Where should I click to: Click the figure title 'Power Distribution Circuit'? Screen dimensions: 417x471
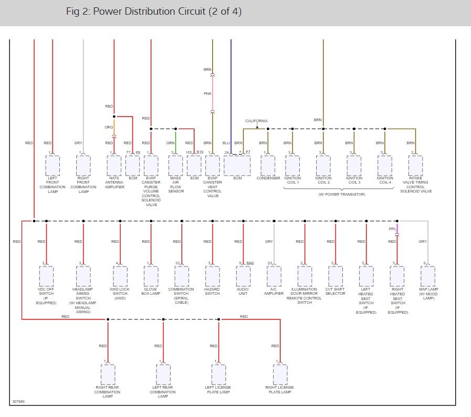pyautogui.click(x=154, y=12)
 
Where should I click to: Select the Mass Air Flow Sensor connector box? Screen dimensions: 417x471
pyautogui.click(x=175, y=166)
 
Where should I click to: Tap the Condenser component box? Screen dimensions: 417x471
pyautogui.click(x=268, y=166)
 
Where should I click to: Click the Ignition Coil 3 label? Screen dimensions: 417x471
pyautogui.click(x=354, y=180)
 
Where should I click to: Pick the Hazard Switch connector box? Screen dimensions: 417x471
pyautogui.click(x=212, y=276)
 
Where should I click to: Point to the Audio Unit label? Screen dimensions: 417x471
pyautogui.click(x=243, y=291)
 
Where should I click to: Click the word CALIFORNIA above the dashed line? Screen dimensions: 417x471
pyautogui.click(x=256, y=121)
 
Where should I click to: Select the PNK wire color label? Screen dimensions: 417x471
pyautogui.click(x=207, y=93)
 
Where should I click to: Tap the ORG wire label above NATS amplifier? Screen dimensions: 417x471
pyautogui.click(x=109, y=127)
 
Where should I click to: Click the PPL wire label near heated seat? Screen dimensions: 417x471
pyautogui.click(x=392, y=229)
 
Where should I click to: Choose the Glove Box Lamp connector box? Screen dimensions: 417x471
pyautogui.click(x=151, y=276)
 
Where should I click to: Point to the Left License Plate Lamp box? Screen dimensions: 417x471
pyautogui.click(x=218, y=375)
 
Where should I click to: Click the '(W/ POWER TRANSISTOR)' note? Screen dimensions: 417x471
pyautogui.click(x=341, y=194)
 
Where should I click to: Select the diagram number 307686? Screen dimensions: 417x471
pyautogui.click(x=18, y=402)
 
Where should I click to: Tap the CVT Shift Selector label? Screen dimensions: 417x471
pyautogui.click(x=336, y=291)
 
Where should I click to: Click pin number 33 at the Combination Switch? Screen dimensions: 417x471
pyautogui.click(x=177, y=263)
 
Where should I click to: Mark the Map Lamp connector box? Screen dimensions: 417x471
pyautogui.click(x=428, y=276)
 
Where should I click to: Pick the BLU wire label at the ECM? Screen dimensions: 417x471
pyautogui.click(x=226, y=143)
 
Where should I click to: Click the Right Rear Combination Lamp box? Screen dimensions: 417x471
pyautogui.click(x=108, y=375)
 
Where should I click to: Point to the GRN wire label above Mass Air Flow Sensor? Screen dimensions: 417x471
pyautogui.click(x=171, y=143)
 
